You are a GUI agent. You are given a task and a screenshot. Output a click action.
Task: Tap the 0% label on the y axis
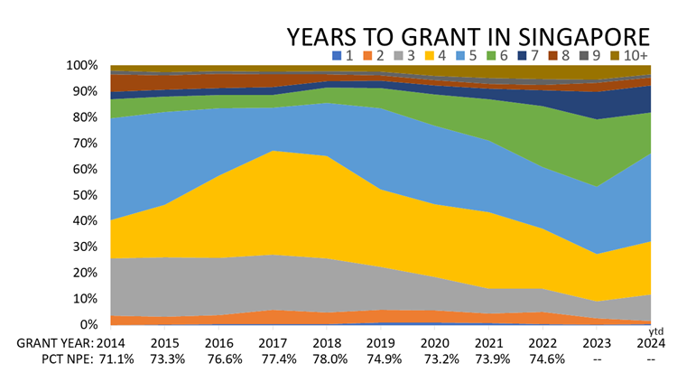pos(89,324)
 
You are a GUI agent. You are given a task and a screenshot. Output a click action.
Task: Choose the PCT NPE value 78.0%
pos(326,360)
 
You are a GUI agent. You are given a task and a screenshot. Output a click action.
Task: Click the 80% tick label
pos(86,117)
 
